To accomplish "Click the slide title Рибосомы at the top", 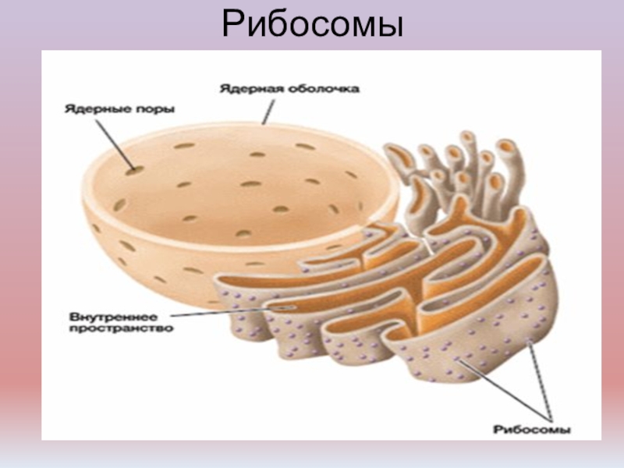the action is pos(312,26).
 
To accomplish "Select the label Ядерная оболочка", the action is pos(289,90).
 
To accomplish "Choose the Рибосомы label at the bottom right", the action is pos(533,429).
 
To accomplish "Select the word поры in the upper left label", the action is pos(157,110).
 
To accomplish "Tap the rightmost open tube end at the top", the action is pos(506,146).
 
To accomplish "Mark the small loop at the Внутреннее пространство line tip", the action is pos(283,309).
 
